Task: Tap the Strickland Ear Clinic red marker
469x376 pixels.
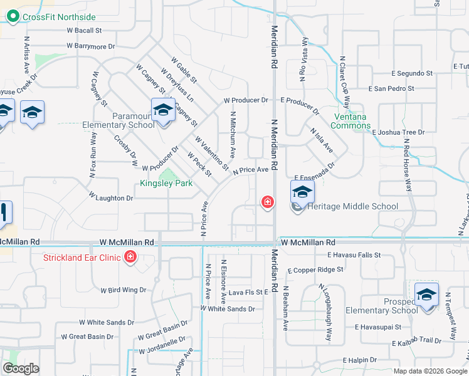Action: point(130,257)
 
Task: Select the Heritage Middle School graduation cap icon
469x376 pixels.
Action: point(302,193)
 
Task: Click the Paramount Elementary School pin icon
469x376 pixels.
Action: point(163,110)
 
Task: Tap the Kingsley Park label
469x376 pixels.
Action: point(166,183)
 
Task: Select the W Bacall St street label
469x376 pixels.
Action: point(84,30)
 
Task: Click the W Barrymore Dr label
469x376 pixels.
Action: point(92,46)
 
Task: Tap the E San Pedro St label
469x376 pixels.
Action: point(391,89)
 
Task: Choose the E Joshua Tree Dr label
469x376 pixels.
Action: point(398,132)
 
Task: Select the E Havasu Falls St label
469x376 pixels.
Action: point(354,255)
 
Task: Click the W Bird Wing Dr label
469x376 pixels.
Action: point(123,290)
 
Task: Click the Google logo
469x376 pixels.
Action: point(21,368)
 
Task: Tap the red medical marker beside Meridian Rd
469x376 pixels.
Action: point(267,202)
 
